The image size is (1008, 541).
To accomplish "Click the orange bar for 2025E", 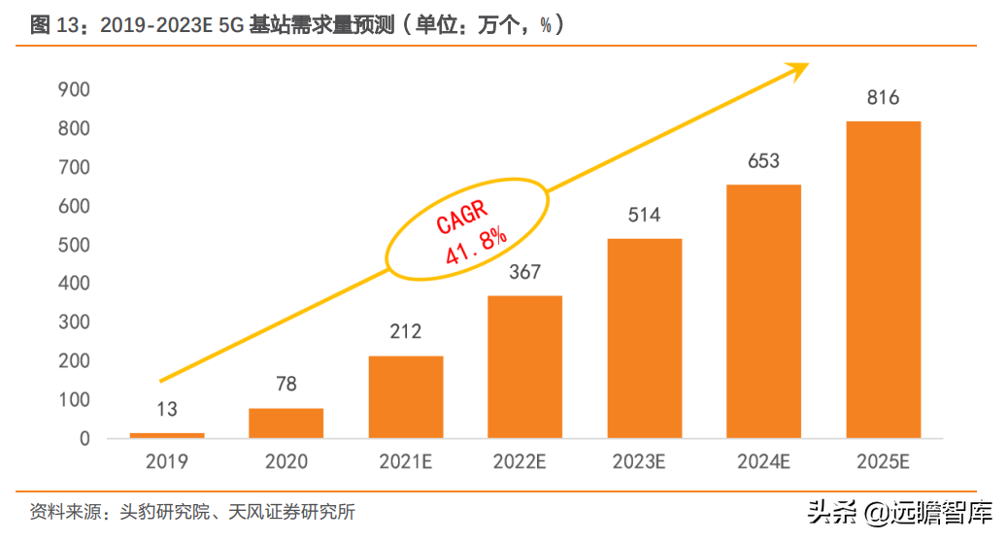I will [x=883, y=280].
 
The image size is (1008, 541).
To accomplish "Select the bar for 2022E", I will [x=524, y=367].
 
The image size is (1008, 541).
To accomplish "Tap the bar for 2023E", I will [x=644, y=338].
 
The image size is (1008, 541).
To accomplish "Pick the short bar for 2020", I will [x=286, y=423].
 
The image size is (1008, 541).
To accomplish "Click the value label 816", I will [x=883, y=98].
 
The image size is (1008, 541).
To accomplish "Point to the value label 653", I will [x=763, y=161].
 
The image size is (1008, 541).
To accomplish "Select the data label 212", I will [x=405, y=332].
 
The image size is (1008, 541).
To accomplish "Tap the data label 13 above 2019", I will [x=167, y=409].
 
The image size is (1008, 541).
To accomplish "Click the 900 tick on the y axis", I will [x=74, y=90].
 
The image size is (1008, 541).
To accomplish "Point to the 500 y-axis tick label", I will [x=74, y=245].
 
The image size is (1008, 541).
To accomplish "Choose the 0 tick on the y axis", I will [x=84, y=439].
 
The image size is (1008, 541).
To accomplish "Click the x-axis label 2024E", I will [x=763, y=462].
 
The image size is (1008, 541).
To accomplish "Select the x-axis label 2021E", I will [x=405, y=462].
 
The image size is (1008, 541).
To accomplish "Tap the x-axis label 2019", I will [x=167, y=462].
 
